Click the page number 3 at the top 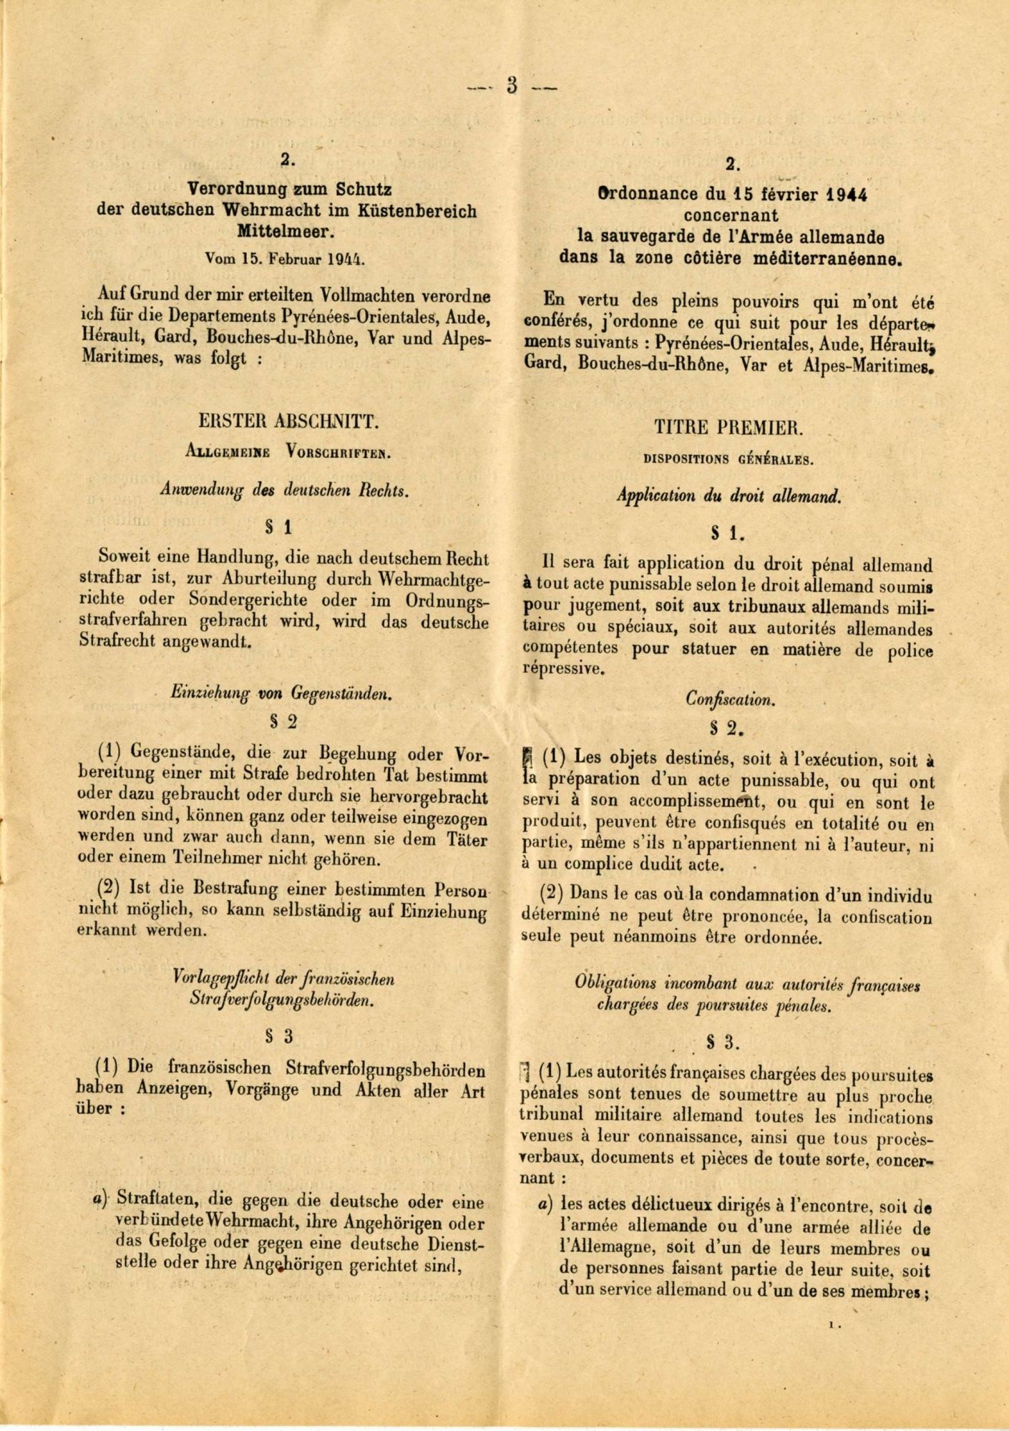[512, 85]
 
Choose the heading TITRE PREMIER [728, 428]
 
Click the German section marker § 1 [278, 528]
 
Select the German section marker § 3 [278, 1035]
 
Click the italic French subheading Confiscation [730, 699]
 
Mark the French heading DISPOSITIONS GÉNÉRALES [728, 460]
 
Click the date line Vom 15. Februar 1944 [284, 258]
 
